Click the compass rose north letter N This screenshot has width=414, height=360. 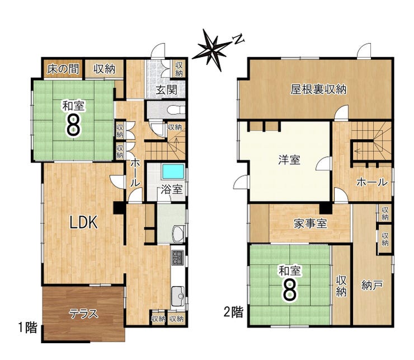(239, 39)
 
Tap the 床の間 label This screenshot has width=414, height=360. (63, 69)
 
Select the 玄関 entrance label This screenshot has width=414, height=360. (166, 90)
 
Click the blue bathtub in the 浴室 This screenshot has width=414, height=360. (173, 172)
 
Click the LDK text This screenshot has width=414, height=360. (83, 222)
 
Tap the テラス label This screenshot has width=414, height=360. (83, 314)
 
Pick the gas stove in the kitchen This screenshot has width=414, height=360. (178, 257)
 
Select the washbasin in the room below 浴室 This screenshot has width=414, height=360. (179, 233)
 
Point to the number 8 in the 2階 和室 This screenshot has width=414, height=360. (290, 291)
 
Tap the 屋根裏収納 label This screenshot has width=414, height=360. (318, 90)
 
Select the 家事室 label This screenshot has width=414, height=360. (310, 224)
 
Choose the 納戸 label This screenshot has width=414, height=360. (371, 286)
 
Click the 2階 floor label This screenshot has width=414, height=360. (233, 312)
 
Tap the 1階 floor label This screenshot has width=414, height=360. (27, 328)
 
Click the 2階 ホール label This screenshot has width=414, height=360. (372, 182)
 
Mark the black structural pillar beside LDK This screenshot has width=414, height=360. (119, 208)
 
